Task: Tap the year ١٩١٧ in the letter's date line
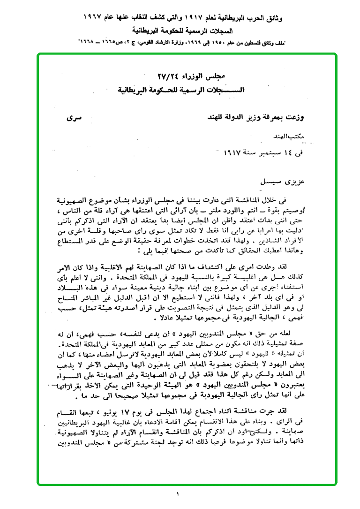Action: tap(230, 152)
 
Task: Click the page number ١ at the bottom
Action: tap(178, 494)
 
